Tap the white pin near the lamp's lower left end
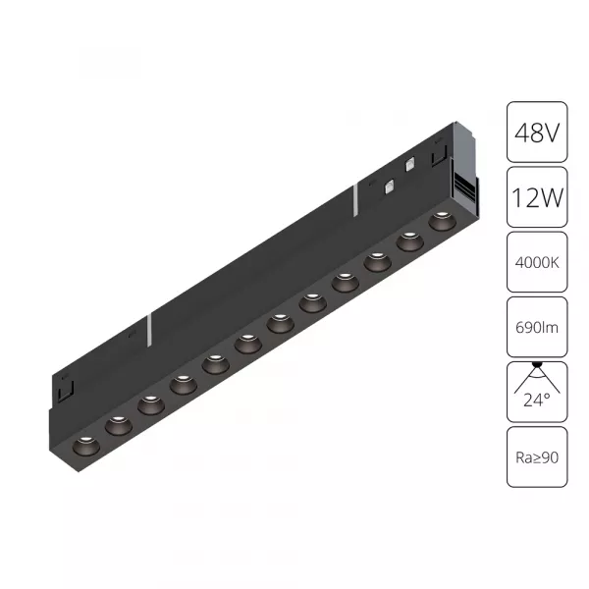point(147,330)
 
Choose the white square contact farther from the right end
point(390,184)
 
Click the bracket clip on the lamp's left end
point(65,391)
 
